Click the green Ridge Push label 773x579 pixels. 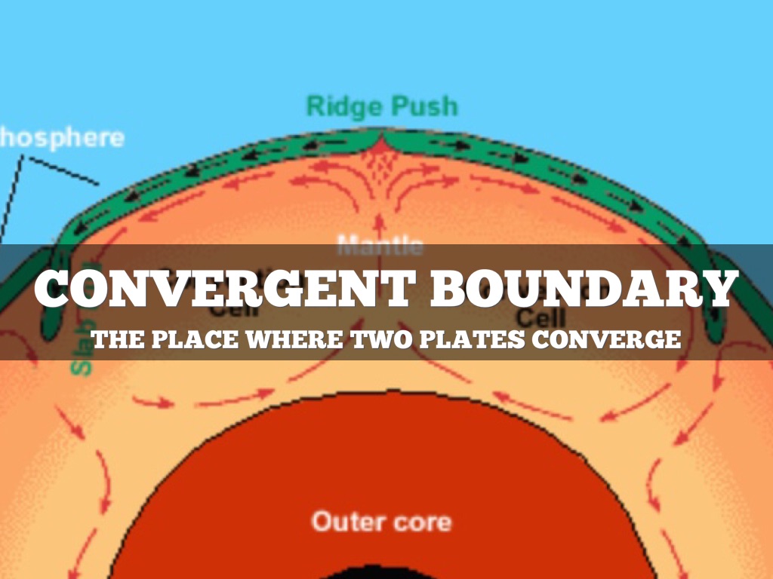coord(382,106)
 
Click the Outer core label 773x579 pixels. coord(382,521)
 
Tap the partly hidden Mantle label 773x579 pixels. coord(380,245)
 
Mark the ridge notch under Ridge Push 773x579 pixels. coord(383,139)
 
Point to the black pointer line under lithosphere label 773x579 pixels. coord(60,170)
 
